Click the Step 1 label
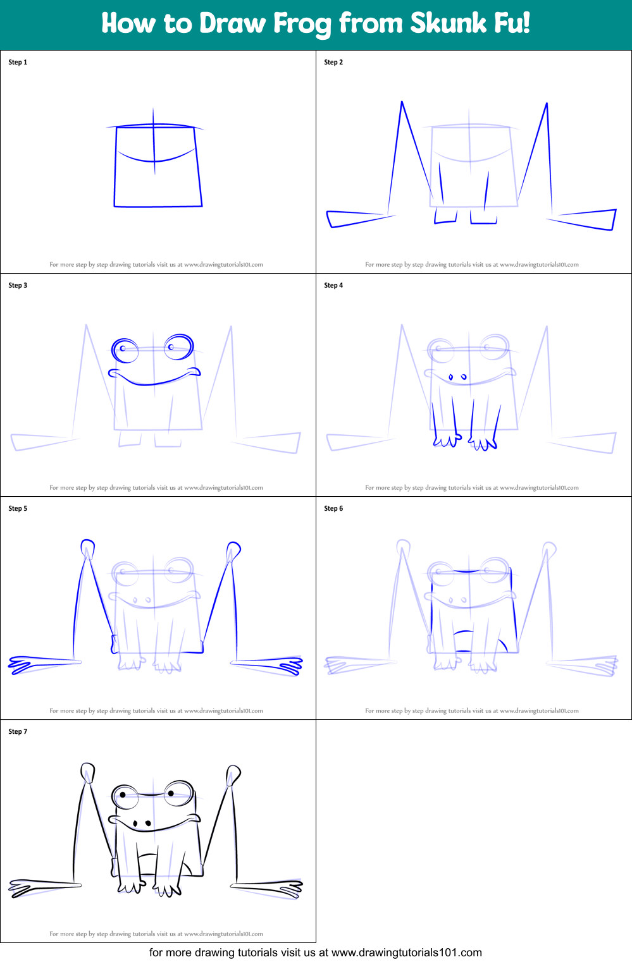[18, 62]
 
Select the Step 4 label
[333, 285]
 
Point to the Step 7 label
[18, 731]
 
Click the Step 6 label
[333, 508]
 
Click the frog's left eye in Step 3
[125, 350]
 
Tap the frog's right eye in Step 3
[179, 346]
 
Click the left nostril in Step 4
[451, 377]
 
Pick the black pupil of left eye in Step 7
[123, 795]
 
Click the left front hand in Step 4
[447, 439]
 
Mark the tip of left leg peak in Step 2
[402, 102]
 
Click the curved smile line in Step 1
[156, 158]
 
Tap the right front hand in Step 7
[167, 889]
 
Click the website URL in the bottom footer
[406, 953]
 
